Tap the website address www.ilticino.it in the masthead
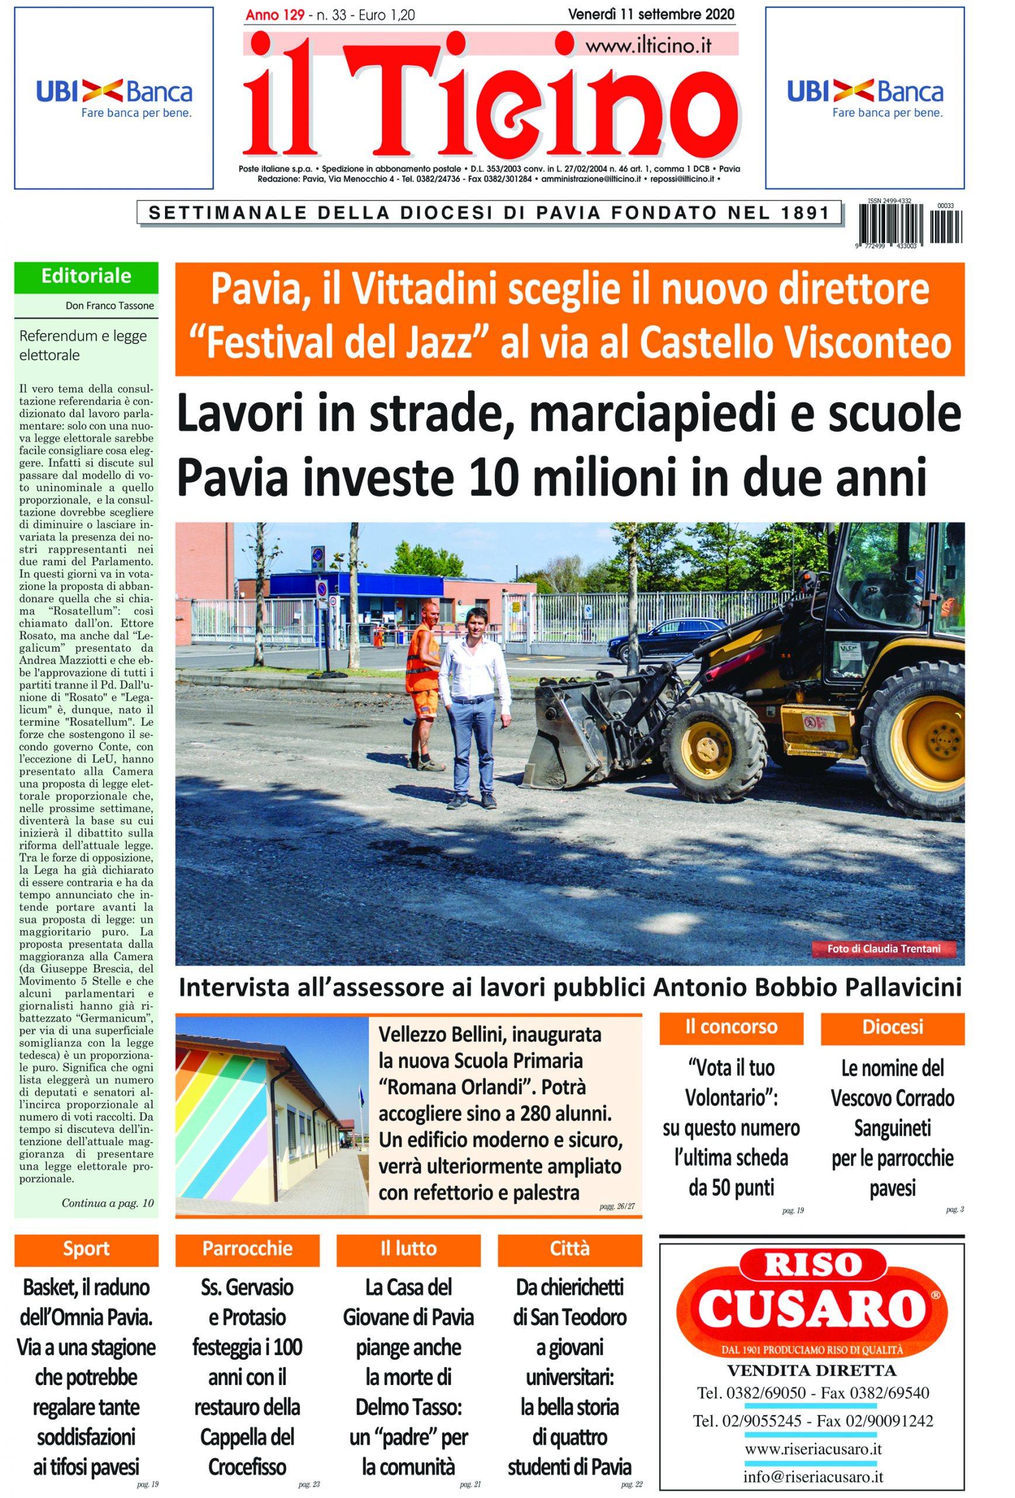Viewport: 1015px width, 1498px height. (648, 46)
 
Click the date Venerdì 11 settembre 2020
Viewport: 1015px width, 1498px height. (651, 14)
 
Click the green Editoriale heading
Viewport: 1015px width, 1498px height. (87, 277)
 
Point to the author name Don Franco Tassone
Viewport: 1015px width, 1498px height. (109, 305)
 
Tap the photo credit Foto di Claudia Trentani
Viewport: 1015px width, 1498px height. (883, 948)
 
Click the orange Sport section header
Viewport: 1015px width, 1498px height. (87, 1249)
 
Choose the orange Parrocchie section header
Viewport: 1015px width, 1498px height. (247, 1249)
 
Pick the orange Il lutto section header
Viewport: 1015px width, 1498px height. (408, 1249)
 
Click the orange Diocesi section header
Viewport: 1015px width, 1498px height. (893, 1027)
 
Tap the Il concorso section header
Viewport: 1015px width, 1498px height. (731, 1027)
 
